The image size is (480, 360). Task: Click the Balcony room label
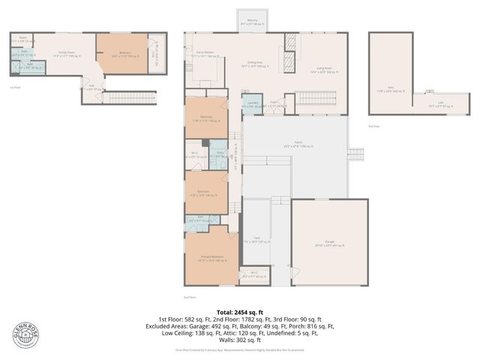point(248,22)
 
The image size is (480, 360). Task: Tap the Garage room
point(329,241)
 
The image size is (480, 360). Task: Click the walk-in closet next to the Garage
point(250,275)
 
